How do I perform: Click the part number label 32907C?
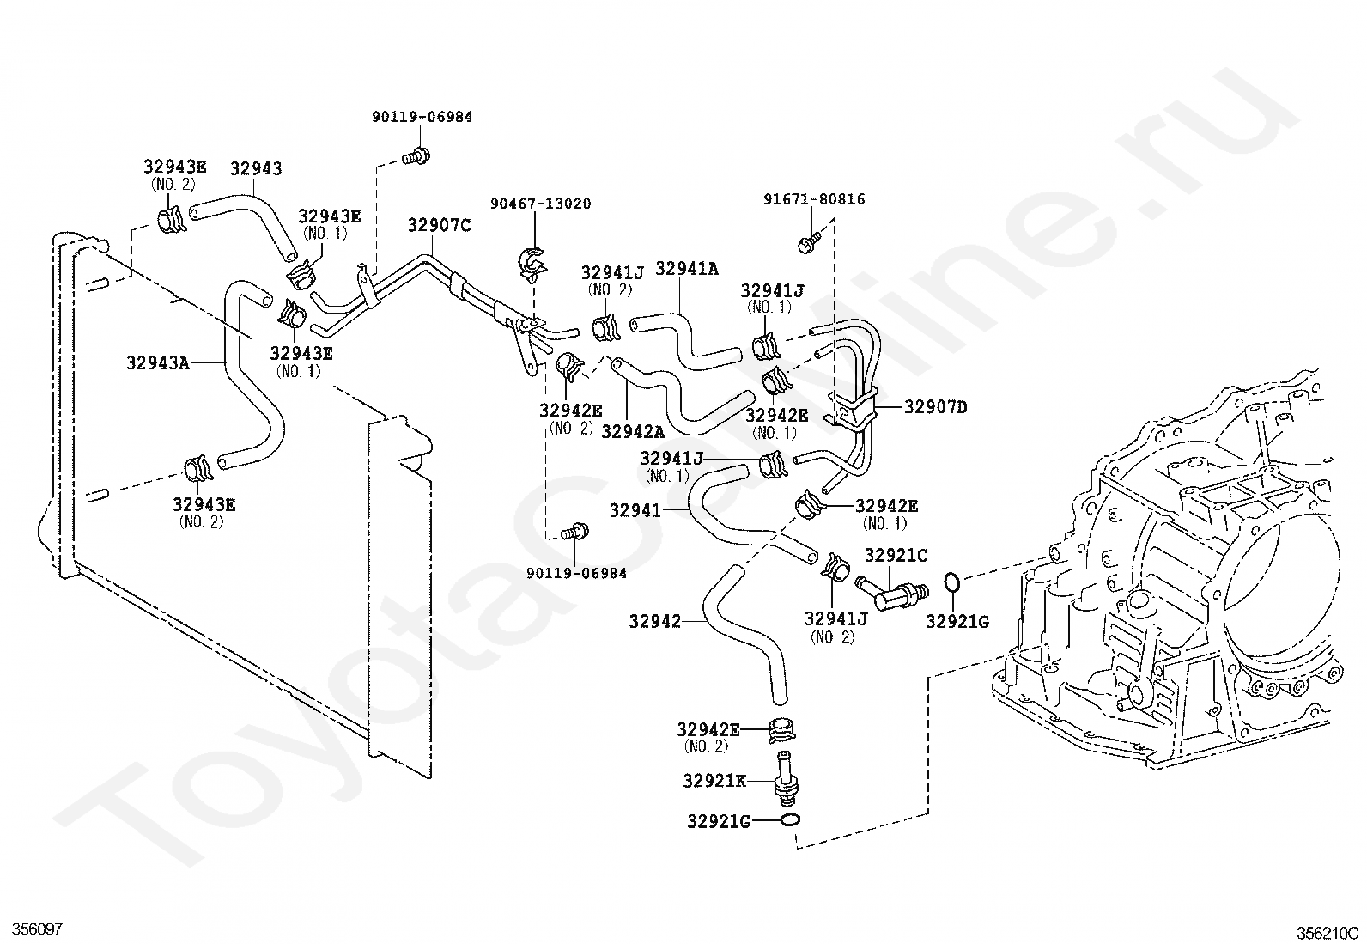point(440,225)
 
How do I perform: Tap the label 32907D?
point(936,406)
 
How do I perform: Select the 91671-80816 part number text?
point(814,199)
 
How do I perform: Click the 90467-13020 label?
point(541,204)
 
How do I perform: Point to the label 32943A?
point(158,362)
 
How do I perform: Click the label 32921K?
point(714,780)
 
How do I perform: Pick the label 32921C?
point(896,555)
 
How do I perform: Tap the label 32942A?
point(633,432)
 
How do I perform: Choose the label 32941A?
point(687,269)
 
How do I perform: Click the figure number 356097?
point(38,929)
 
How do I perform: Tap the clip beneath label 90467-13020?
point(532,265)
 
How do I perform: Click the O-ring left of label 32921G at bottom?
point(790,820)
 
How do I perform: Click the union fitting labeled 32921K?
point(786,780)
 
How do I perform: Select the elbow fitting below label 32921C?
point(891,593)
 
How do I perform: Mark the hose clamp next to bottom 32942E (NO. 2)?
point(781,729)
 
